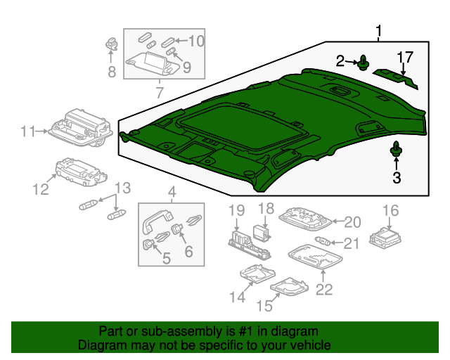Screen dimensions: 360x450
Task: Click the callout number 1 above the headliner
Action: pyautogui.click(x=379, y=31)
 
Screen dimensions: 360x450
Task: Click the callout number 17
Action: pyautogui.click(x=404, y=56)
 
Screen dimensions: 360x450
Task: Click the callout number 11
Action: pyautogui.click(x=27, y=131)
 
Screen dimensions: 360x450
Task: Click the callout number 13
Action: pyautogui.click(x=122, y=188)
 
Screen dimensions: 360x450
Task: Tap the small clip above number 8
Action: pyautogui.click(x=111, y=42)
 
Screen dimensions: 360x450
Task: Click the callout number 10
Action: pyautogui.click(x=195, y=41)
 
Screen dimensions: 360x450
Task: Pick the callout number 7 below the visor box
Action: pyautogui.click(x=159, y=92)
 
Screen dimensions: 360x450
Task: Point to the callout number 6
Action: pyautogui.click(x=188, y=251)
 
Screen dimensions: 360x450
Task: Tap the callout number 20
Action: pyautogui.click(x=352, y=221)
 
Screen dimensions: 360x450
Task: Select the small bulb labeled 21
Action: pyautogui.click(x=326, y=243)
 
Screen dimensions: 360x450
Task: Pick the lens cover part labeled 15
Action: pyautogui.click(x=288, y=287)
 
